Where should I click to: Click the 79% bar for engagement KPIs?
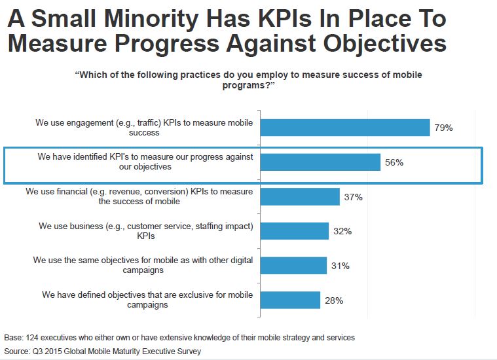(x=345, y=128)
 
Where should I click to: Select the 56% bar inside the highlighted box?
(x=320, y=162)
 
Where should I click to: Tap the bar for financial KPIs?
(x=301, y=197)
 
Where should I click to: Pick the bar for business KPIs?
(x=295, y=231)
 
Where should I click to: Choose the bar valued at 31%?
(x=293, y=266)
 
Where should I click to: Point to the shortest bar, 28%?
(x=291, y=300)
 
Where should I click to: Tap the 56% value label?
(x=394, y=162)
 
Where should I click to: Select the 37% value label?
(x=354, y=197)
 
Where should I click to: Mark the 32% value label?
(x=342, y=231)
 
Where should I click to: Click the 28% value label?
(x=334, y=300)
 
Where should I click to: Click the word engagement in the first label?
(x=91, y=122)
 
